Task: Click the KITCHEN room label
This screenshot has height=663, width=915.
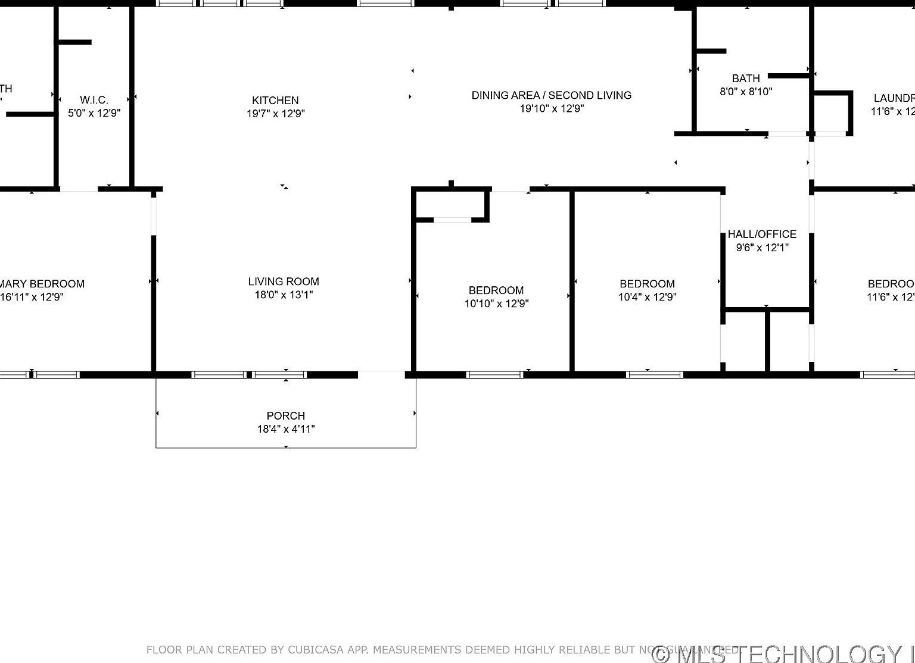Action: point(275,101)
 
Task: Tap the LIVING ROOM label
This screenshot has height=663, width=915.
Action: point(284,282)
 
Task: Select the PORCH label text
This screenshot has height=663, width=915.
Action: point(286,416)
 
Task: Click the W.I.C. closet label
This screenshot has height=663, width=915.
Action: point(94,100)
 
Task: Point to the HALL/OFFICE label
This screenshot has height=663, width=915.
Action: point(762,234)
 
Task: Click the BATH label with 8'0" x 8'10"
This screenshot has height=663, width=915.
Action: point(746,79)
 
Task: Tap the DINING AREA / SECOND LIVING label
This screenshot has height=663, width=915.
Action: point(552,95)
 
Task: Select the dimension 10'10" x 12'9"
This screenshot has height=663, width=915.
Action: point(496,304)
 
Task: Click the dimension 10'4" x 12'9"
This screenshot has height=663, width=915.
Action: point(647,297)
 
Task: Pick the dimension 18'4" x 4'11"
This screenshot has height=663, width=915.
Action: point(286,429)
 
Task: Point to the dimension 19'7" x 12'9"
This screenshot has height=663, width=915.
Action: point(275,114)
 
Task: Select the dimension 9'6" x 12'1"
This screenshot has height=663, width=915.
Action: point(762,248)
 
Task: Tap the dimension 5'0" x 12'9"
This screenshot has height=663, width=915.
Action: point(94,113)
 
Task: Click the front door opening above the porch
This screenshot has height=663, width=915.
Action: point(381,374)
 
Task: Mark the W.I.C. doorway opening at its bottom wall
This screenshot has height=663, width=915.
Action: point(79,190)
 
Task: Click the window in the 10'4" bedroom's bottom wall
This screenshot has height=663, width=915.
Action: point(654,374)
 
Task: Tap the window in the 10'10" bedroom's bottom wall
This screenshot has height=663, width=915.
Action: point(494,374)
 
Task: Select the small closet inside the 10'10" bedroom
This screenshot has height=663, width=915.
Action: point(451,205)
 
